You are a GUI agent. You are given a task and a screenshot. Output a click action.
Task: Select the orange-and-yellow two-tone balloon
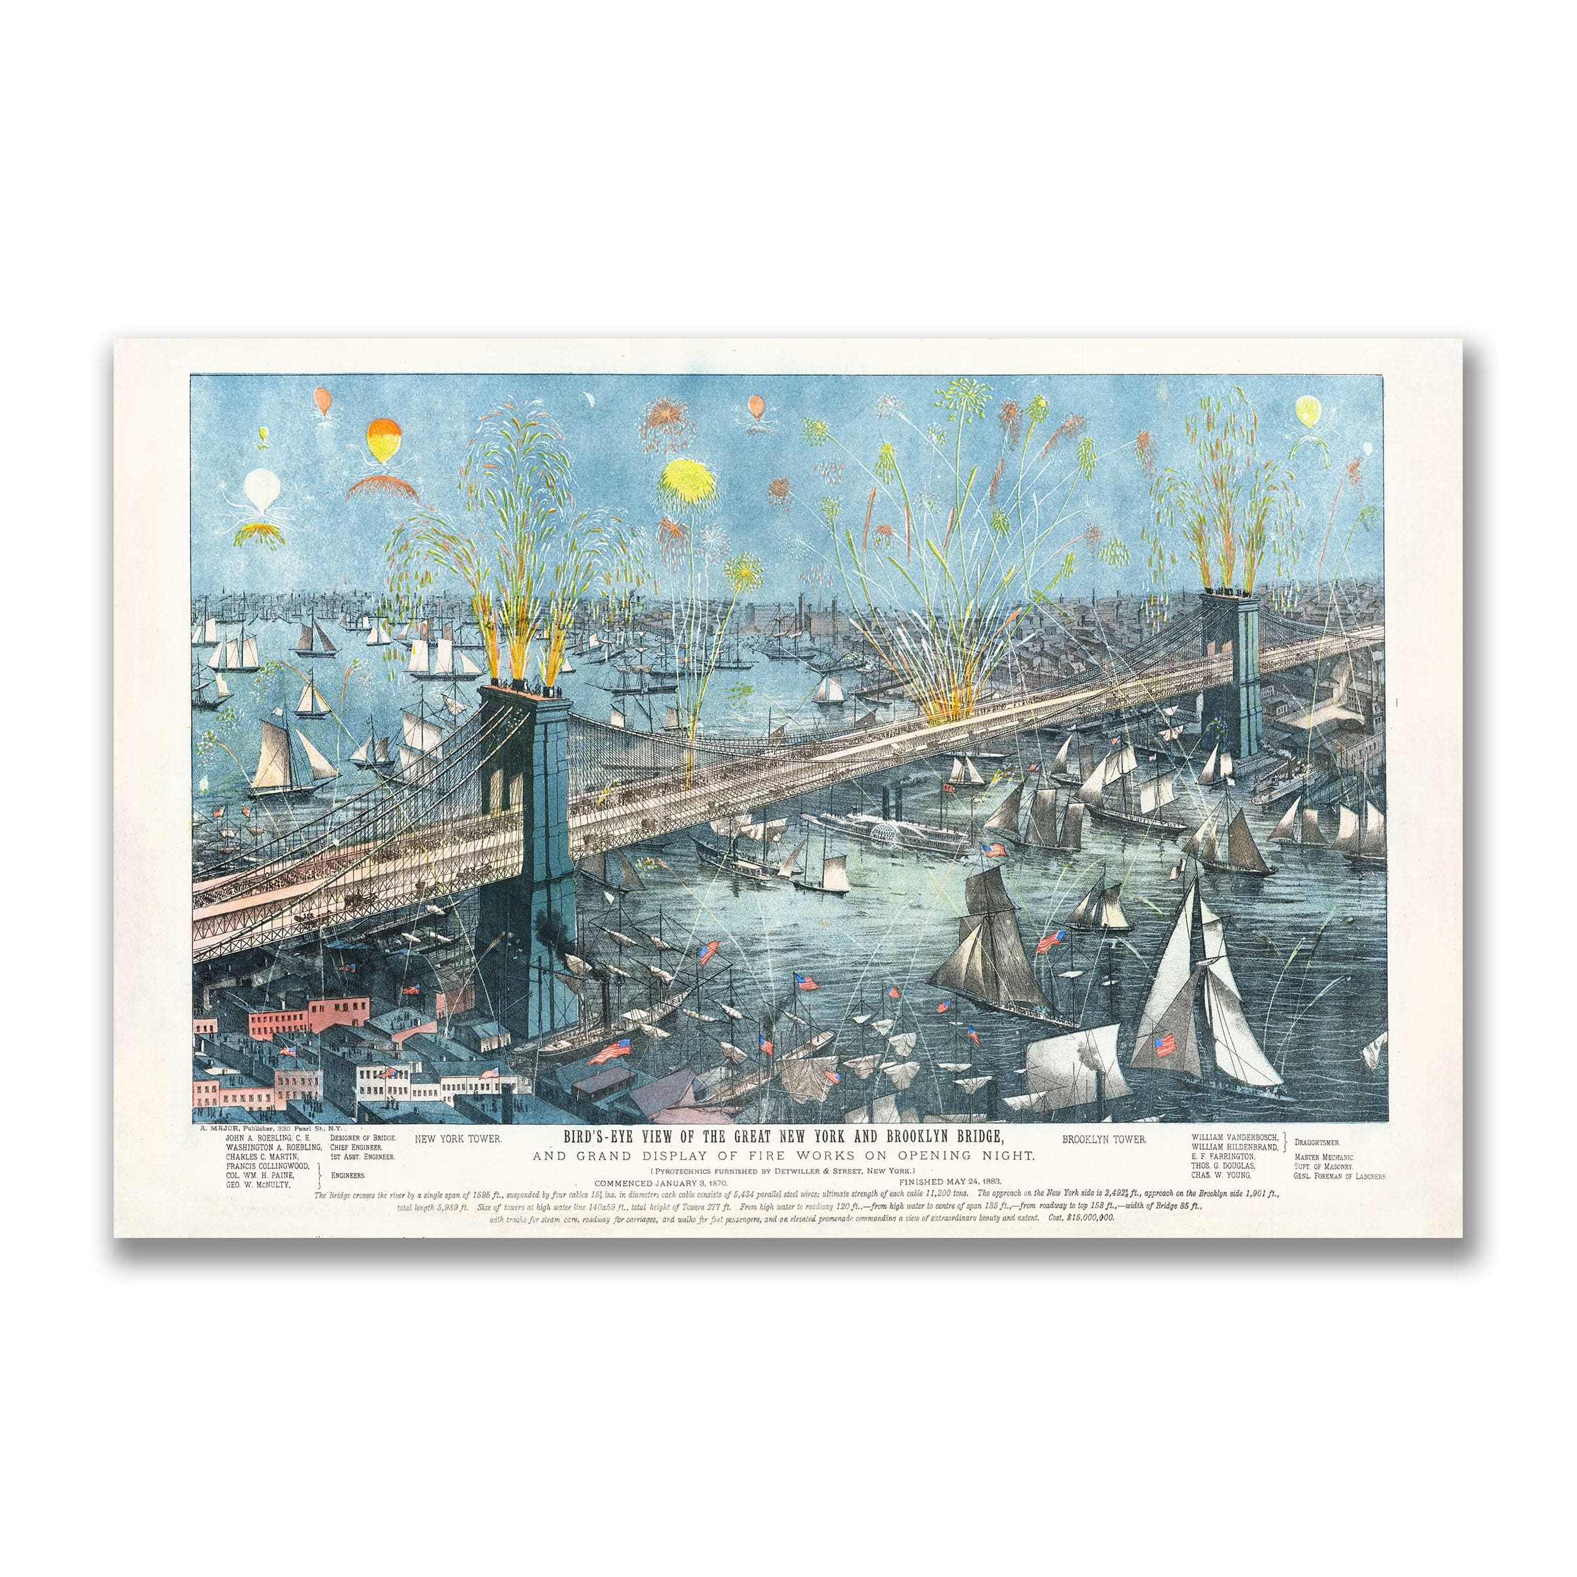pyautogui.click(x=381, y=442)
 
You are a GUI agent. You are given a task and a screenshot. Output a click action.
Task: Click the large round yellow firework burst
pyautogui.click(x=688, y=478)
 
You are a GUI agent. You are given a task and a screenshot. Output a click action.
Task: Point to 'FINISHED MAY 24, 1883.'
pyautogui.click(x=950, y=1181)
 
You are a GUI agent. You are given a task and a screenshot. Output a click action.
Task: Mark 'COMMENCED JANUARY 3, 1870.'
pyautogui.click(x=661, y=1181)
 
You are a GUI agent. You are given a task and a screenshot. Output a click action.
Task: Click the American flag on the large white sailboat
pyautogui.click(x=1166, y=1044)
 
